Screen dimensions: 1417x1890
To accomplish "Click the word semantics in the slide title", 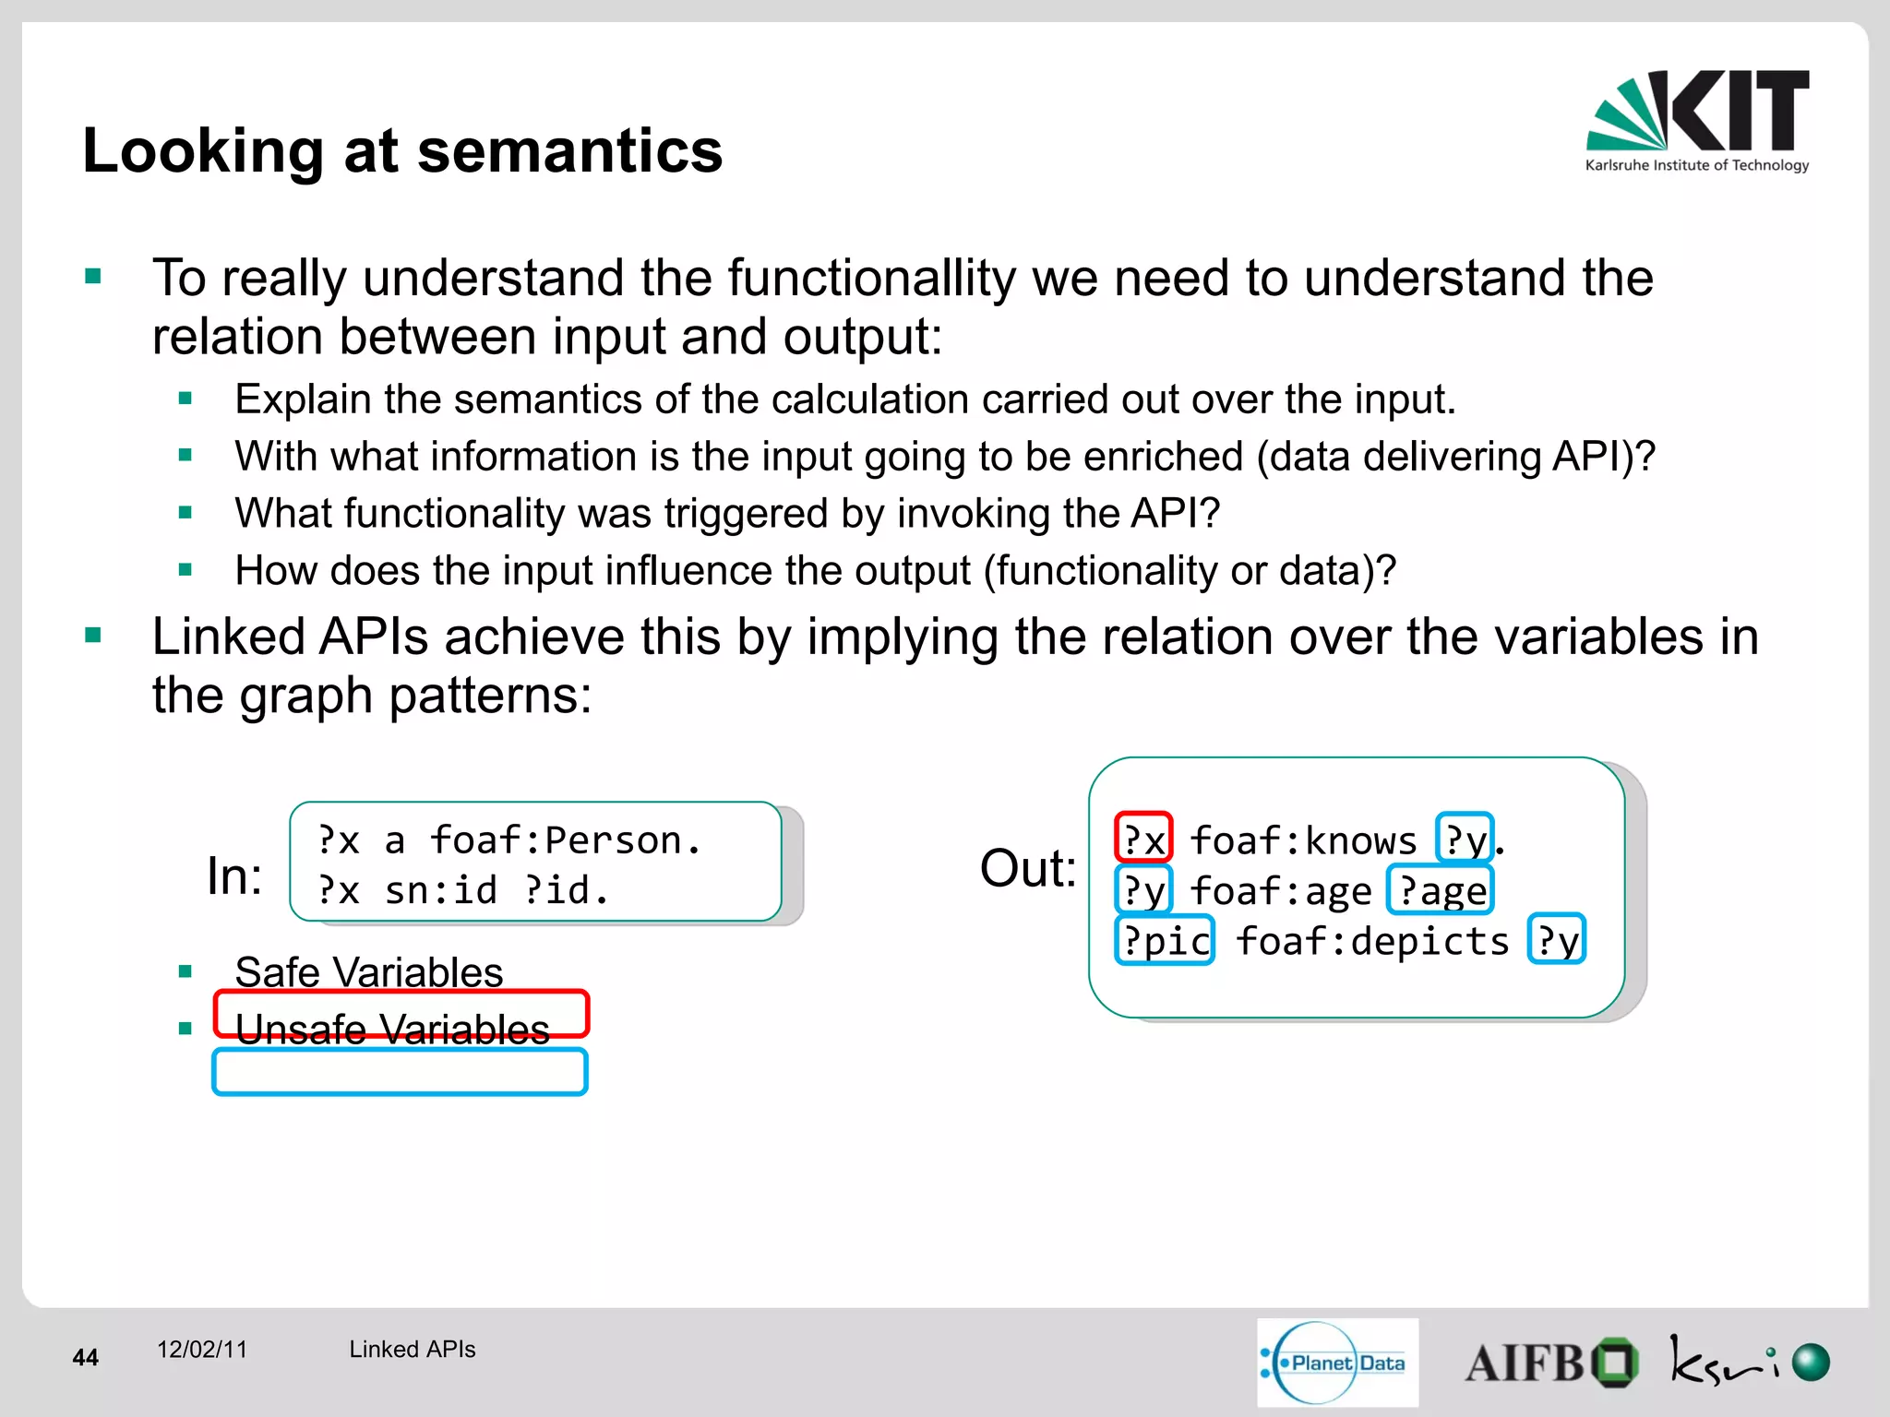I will pyautogui.click(x=569, y=151).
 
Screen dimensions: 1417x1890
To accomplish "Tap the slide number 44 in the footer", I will pyautogui.click(x=85, y=1357).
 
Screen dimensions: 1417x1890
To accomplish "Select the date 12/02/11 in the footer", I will pyautogui.click(x=202, y=1349).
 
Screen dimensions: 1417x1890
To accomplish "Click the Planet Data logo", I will pyautogui.click(x=1336, y=1363).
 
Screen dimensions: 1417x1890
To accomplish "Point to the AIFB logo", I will pyautogui.click(x=1550, y=1363).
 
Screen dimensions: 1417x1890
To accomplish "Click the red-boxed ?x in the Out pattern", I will pyautogui.click(x=1143, y=839).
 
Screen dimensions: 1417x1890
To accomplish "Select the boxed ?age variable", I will pyautogui.click(x=1441, y=890).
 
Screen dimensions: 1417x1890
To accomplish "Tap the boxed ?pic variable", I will pyautogui.click(x=1165, y=940).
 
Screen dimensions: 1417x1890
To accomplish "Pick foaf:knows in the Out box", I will pyautogui.click(x=1302, y=840).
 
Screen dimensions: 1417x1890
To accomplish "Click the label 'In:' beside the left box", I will pyautogui.click(x=234, y=875).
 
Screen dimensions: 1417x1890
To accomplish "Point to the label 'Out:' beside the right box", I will pyautogui.click(x=1027, y=868).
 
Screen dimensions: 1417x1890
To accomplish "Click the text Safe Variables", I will pyautogui.click(x=368, y=971).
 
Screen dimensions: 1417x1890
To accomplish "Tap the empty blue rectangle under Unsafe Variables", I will pyautogui.click(x=400, y=1072).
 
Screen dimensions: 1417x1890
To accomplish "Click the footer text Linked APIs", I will pyautogui.click(x=412, y=1349).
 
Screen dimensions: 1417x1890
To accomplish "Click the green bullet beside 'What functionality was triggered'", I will pyautogui.click(x=185, y=513).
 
